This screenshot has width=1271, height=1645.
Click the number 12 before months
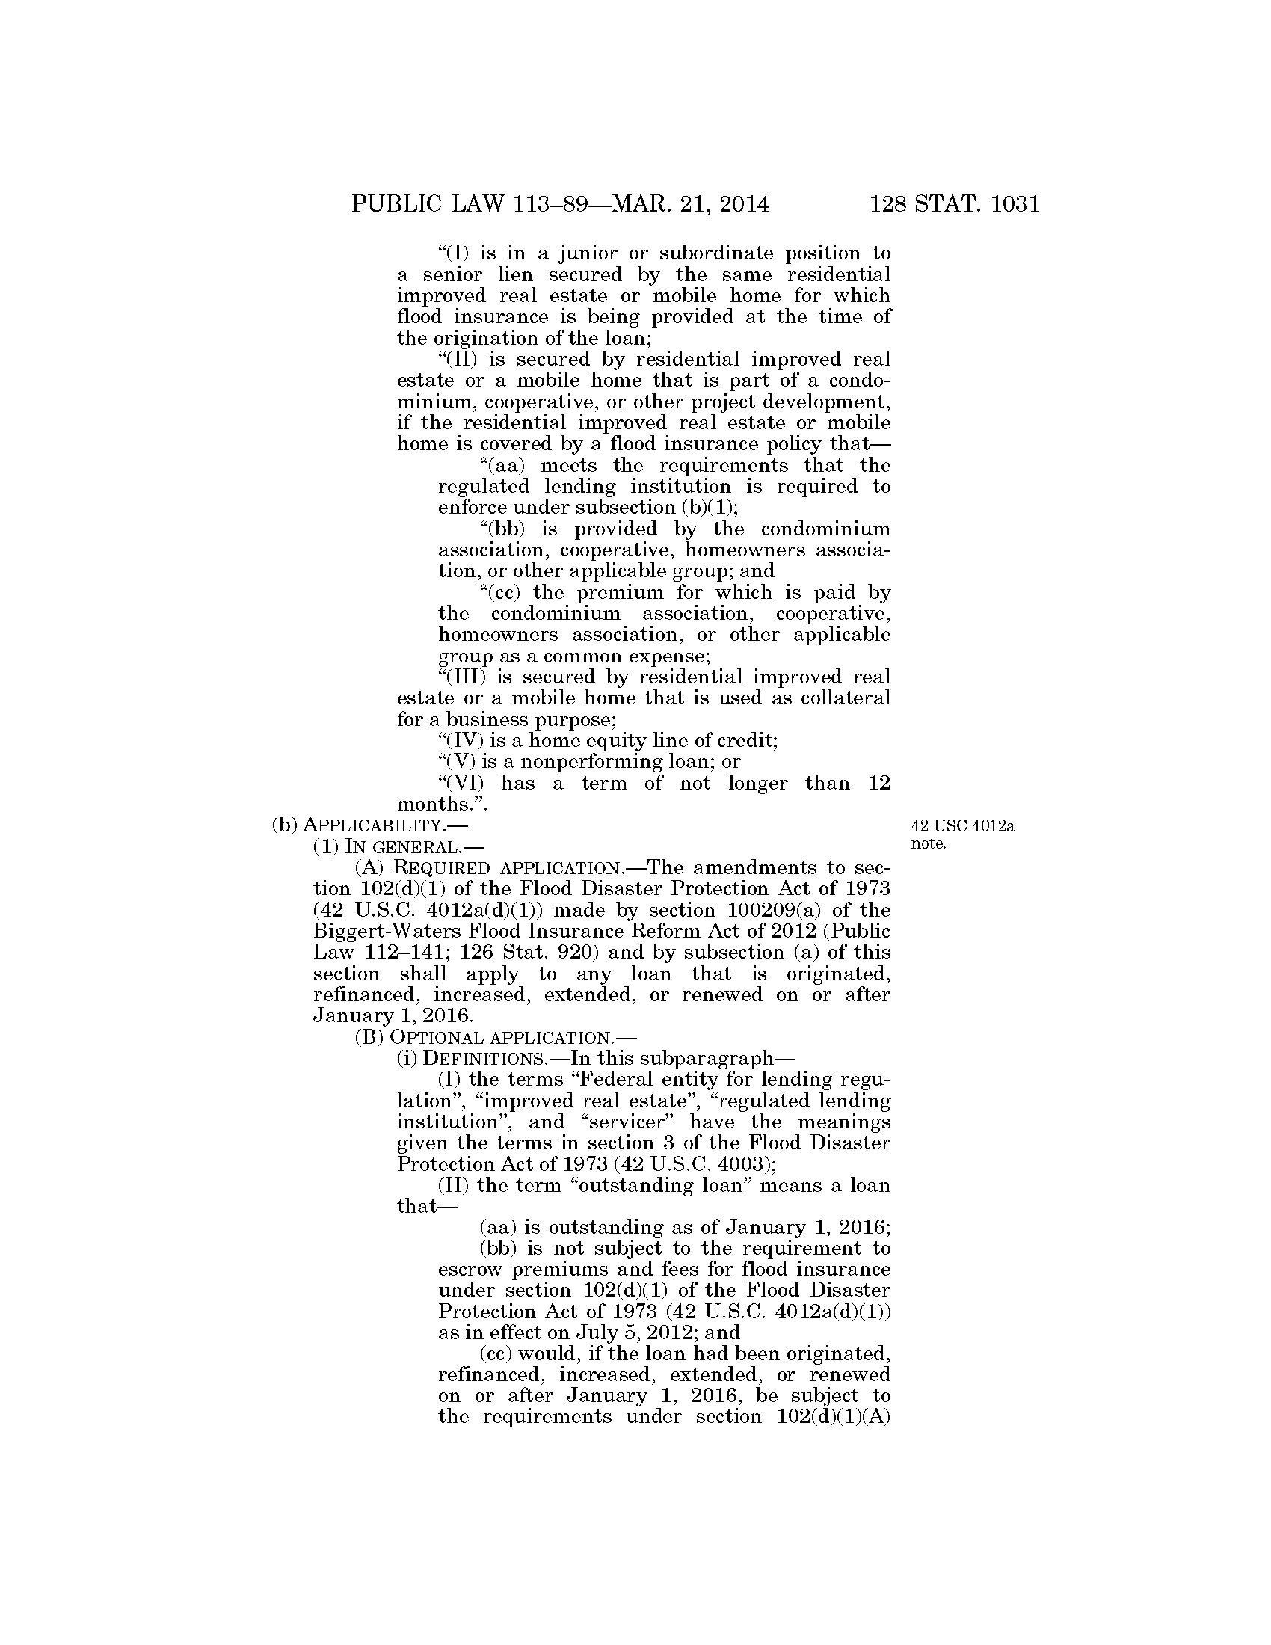tap(878, 784)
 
